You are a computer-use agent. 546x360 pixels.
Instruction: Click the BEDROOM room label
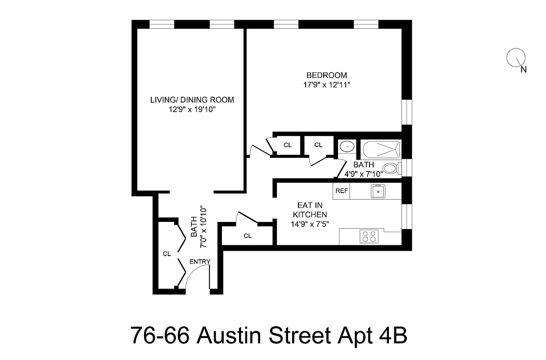click(326, 75)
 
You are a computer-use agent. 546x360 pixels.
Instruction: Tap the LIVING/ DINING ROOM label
click(192, 100)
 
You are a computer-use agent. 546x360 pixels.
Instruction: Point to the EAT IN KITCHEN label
click(310, 209)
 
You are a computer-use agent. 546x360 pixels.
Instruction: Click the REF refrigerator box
click(341, 191)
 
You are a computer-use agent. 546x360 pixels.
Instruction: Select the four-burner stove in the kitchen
click(369, 237)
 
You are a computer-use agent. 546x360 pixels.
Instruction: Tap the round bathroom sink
click(347, 147)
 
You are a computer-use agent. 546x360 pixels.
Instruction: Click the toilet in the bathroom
click(392, 169)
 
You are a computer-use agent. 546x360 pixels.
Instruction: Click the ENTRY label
click(200, 261)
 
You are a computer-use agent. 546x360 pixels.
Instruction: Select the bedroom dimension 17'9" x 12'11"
click(326, 85)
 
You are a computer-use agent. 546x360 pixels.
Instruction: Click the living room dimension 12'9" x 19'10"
click(192, 109)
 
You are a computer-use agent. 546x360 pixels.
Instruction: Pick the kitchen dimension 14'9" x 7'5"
click(310, 224)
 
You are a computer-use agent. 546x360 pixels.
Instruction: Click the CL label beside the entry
click(167, 254)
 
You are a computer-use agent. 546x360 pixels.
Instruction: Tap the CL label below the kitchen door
click(248, 236)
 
